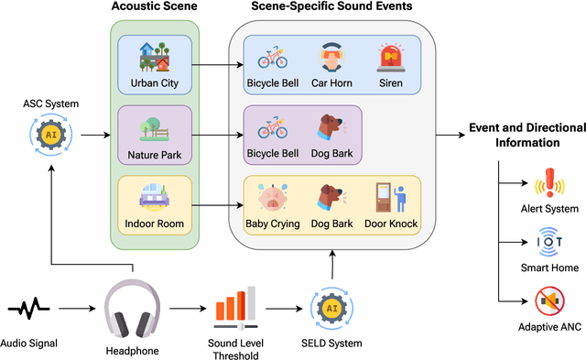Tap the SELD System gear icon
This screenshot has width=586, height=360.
click(x=332, y=308)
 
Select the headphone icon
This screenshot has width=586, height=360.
click(x=133, y=309)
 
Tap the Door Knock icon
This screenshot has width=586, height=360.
click(x=391, y=198)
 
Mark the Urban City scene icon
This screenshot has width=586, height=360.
click(x=154, y=57)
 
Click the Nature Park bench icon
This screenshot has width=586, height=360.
click(x=154, y=126)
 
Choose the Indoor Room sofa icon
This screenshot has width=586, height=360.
click(x=154, y=197)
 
